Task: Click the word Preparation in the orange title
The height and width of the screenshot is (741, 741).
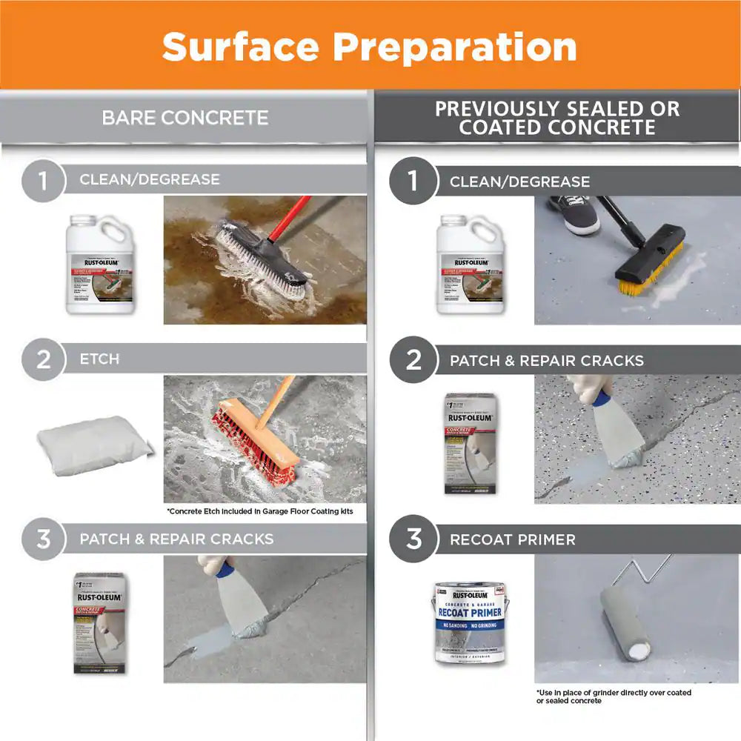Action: pyautogui.click(x=455, y=47)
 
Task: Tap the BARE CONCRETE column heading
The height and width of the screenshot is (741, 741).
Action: pyautogui.click(x=185, y=118)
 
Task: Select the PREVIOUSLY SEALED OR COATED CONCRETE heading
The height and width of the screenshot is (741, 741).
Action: pyautogui.click(x=556, y=118)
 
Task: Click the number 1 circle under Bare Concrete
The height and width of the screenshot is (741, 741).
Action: pyautogui.click(x=43, y=181)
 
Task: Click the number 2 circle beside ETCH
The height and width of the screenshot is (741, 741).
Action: pyautogui.click(x=43, y=360)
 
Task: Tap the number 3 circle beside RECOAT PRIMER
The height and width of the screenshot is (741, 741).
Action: pyautogui.click(x=413, y=539)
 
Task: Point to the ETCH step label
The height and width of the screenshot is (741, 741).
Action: pyautogui.click(x=99, y=359)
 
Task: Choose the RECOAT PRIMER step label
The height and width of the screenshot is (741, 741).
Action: pyautogui.click(x=512, y=539)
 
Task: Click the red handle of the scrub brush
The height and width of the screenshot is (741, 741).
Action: pyautogui.click(x=289, y=219)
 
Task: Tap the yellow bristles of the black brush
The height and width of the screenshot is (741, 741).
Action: pyautogui.click(x=648, y=279)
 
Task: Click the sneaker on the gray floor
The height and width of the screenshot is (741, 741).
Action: pyautogui.click(x=575, y=214)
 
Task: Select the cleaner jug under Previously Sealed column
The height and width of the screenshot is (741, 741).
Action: pyautogui.click(x=471, y=265)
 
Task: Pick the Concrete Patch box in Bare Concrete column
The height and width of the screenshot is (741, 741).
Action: pyautogui.click(x=99, y=623)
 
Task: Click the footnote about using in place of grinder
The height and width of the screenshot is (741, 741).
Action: pyautogui.click(x=614, y=697)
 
